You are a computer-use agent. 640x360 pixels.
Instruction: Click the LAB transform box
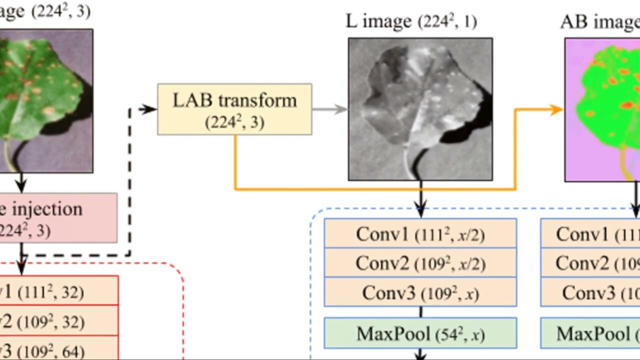click(x=234, y=109)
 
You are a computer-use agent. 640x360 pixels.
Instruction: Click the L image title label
click(x=411, y=21)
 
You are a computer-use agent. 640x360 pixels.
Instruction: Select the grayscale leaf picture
click(x=420, y=109)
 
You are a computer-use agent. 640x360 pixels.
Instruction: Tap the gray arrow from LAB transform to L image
click(x=330, y=109)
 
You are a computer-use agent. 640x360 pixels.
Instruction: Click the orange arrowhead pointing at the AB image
click(x=556, y=109)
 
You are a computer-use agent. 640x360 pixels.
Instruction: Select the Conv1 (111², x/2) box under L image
click(x=420, y=233)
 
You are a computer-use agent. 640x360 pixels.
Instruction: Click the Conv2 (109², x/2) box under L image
click(x=420, y=263)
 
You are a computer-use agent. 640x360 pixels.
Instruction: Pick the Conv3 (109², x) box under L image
click(x=420, y=292)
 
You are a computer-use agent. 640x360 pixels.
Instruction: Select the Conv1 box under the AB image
click(x=590, y=233)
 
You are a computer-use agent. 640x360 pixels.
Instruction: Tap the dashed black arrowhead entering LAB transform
click(x=149, y=109)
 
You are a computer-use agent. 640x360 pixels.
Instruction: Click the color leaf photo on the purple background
click(x=45, y=100)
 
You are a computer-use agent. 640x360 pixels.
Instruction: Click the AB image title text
click(x=600, y=21)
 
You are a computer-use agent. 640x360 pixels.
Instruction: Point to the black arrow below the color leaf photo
click(x=21, y=183)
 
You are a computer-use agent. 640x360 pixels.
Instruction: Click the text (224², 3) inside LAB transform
click(x=234, y=122)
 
